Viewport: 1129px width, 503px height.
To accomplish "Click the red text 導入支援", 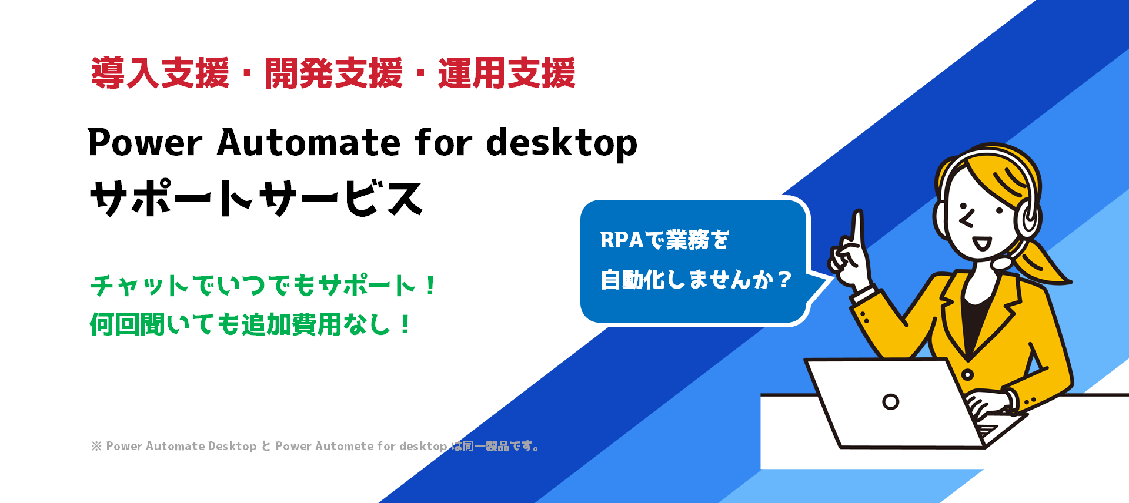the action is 160,73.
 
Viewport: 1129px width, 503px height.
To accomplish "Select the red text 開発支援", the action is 333,73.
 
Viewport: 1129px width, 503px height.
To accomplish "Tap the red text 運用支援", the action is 506,73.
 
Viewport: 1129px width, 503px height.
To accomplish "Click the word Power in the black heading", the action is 145,143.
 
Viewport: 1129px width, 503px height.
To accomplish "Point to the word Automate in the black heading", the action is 309,143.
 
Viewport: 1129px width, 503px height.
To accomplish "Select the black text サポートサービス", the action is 256,198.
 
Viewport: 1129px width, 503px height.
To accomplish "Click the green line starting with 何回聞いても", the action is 250,324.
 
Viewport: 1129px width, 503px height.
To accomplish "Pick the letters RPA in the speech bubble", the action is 622,240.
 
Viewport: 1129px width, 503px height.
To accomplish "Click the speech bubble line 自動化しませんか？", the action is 696,280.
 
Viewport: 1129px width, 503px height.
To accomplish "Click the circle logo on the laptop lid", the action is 891,402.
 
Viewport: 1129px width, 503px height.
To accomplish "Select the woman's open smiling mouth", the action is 981,243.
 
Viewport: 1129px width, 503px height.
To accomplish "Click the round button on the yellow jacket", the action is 967,374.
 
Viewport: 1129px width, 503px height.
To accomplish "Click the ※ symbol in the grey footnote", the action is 96,446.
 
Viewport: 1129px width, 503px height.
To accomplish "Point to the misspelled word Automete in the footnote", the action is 344,446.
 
